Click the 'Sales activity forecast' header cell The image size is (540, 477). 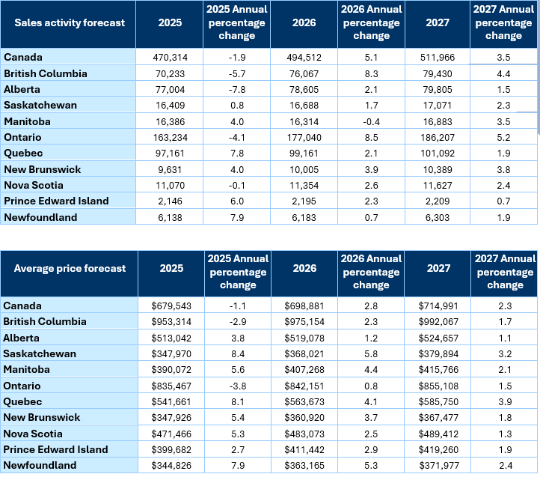(69, 22)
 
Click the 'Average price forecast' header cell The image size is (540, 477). (69, 269)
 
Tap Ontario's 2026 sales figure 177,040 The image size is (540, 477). (304, 137)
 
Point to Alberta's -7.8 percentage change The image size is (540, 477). (239, 89)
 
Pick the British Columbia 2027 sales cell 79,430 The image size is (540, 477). (438, 73)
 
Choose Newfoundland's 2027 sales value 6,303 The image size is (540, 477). (438, 216)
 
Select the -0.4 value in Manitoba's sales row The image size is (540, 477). (371, 121)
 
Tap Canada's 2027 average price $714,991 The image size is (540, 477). (438, 306)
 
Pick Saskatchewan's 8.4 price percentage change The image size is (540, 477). (239, 353)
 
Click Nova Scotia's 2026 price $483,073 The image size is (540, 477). (304, 434)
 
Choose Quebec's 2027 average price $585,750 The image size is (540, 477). (438, 401)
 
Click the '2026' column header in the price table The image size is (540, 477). (304, 269)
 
